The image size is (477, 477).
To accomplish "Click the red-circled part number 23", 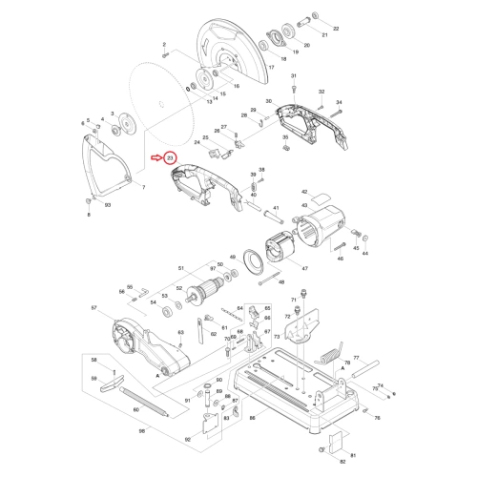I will (x=170, y=157).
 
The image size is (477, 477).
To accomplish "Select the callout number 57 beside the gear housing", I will (x=93, y=308).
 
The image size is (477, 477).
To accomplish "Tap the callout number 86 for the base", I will (x=251, y=419).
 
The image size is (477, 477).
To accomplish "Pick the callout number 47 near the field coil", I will (x=305, y=270).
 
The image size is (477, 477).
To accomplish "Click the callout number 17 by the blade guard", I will (x=271, y=69).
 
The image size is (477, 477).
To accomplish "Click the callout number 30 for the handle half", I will (x=270, y=101).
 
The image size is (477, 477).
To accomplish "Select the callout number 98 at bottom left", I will (x=141, y=431).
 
